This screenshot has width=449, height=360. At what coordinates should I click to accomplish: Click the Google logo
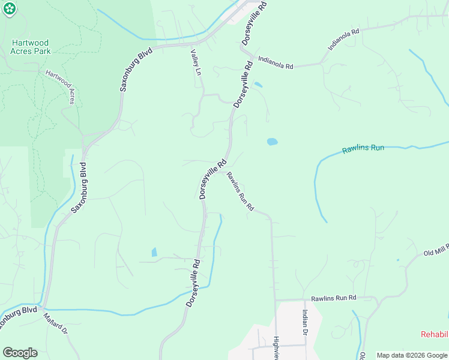click(20, 353)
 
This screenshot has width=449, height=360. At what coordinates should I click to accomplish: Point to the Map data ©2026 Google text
click(412, 355)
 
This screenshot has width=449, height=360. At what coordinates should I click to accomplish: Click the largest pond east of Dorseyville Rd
click(272, 142)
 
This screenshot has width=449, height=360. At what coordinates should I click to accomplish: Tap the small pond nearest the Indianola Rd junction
click(258, 85)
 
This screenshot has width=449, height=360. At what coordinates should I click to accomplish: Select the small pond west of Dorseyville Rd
click(154, 252)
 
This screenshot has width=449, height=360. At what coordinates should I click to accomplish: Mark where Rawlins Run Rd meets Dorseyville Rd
click(223, 173)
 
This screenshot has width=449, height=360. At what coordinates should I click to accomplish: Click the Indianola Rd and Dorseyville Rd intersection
click(249, 55)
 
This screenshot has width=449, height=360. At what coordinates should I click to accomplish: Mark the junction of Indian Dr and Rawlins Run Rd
click(304, 299)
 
